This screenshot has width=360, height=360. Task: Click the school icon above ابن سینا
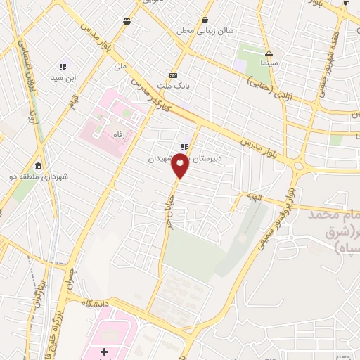click(61, 67)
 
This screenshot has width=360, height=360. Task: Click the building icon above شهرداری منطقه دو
click(37, 167)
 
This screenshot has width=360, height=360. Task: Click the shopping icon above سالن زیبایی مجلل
click(205, 20)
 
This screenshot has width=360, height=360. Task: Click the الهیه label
click(253, 198)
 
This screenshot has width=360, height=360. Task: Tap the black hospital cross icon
click(105, 351)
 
